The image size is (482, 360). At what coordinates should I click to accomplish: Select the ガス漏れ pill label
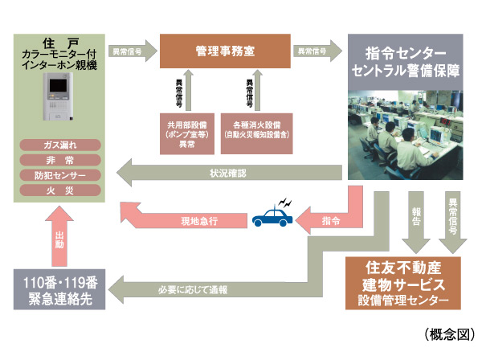click(61, 145)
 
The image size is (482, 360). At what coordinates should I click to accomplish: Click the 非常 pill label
click(61, 160)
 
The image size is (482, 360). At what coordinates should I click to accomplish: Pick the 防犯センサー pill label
click(61, 174)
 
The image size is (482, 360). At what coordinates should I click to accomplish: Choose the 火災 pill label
click(61, 190)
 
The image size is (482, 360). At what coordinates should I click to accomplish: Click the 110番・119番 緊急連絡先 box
click(60, 288)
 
